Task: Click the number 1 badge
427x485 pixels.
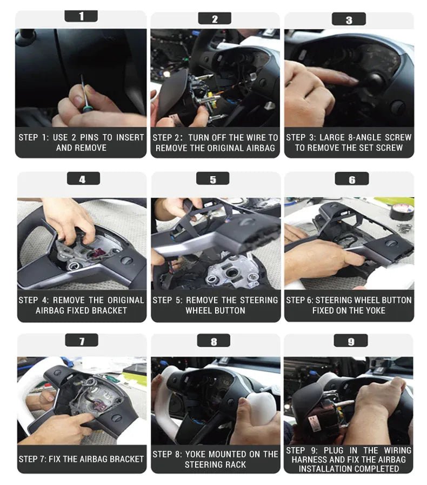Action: [x=81, y=16]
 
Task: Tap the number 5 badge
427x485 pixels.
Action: [x=213, y=179]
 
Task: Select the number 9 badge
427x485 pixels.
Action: [x=351, y=341]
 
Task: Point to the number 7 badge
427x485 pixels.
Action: [x=82, y=341]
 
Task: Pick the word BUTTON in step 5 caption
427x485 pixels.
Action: [x=231, y=310]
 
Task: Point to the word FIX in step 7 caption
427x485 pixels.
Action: [x=55, y=459]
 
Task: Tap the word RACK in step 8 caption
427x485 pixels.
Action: [x=235, y=464]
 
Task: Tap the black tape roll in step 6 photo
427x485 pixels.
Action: [x=402, y=211]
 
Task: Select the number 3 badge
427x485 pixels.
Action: [x=349, y=19]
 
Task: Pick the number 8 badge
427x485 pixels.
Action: [x=213, y=341]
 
